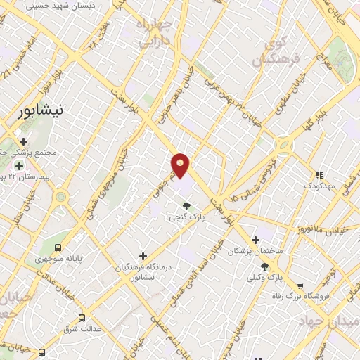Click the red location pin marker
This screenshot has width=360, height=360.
181,165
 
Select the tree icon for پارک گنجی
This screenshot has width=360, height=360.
186,206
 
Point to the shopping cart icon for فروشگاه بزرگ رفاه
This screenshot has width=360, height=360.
301,286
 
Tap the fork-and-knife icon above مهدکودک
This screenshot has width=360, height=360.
319,175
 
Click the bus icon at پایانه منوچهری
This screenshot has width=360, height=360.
57,248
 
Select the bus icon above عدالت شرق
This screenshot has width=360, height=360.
82,318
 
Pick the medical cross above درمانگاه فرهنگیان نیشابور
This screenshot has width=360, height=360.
143,257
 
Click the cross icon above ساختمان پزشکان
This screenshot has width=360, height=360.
255,240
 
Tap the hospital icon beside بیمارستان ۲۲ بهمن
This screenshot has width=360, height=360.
19,165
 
